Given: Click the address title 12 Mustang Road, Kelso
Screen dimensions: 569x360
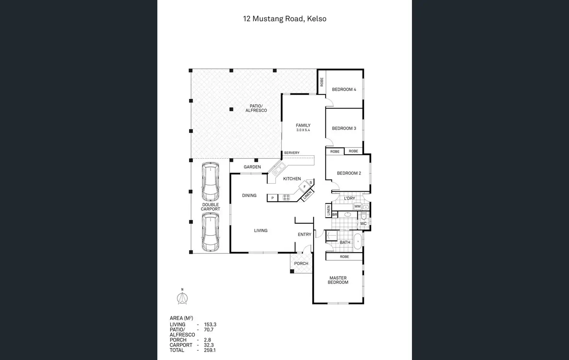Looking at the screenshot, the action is pyautogui.click(x=284, y=19).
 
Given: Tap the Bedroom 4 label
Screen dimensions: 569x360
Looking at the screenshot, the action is pyautogui.click(x=344, y=90).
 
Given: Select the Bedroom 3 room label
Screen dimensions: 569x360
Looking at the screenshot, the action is pyautogui.click(x=344, y=128).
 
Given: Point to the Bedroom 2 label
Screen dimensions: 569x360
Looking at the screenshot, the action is pyautogui.click(x=349, y=173).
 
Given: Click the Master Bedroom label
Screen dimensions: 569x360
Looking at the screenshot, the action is pyautogui.click(x=338, y=280).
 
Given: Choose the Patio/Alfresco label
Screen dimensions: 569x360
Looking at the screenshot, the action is pyautogui.click(x=256, y=108).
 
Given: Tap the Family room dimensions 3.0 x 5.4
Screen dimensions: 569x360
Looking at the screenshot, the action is pyautogui.click(x=303, y=130).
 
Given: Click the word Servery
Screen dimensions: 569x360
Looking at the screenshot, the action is pyautogui.click(x=292, y=153).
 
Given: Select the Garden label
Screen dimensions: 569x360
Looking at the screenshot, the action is pyautogui.click(x=252, y=167).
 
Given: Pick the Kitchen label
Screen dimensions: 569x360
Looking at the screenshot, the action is pyautogui.click(x=292, y=179).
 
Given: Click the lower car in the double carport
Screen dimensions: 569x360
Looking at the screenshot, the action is pyautogui.click(x=210, y=233).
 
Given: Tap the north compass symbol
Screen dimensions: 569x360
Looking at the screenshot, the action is pyautogui.click(x=182, y=298).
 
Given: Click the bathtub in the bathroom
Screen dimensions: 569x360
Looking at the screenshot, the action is pyautogui.click(x=358, y=241).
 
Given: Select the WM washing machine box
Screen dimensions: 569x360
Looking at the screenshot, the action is pyautogui.click(x=358, y=207).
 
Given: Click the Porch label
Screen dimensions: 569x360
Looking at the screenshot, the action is pyautogui.click(x=301, y=263).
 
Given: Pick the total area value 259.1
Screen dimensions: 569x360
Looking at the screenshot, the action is pyautogui.click(x=210, y=350).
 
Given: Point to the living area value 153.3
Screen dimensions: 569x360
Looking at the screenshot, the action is pyautogui.click(x=210, y=324).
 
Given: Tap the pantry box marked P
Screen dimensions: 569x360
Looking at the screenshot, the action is pyautogui.click(x=273, y=198).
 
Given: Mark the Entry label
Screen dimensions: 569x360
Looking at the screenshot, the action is pyautogui.click(x=305, y=234).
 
